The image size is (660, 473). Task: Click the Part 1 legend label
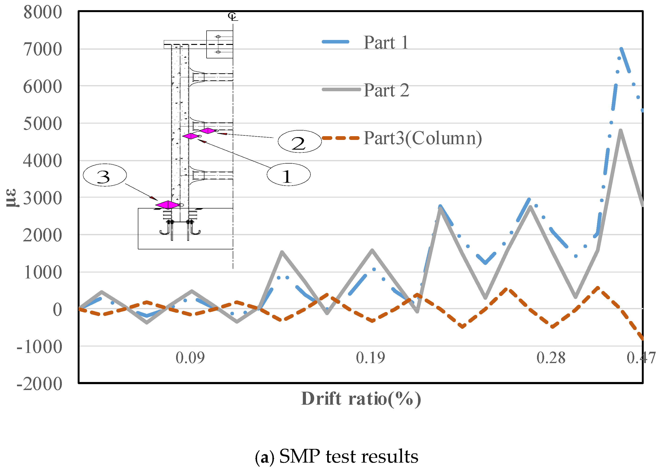tap(386, 43)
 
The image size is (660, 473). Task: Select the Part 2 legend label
tap(386, 90)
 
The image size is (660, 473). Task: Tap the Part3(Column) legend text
tap(422, 138)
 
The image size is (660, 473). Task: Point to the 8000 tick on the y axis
tap(43, 12)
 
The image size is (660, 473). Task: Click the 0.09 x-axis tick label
tap(190, 358)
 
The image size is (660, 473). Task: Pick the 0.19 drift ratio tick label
tap(370, 358)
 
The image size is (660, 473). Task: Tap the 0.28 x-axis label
tap(551, 358)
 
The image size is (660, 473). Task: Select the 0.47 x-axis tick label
tap(641, 358)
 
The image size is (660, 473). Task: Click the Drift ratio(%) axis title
tap(361, 399)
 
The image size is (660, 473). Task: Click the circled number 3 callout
tap(105, 175)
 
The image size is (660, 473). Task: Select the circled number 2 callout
tap(300, 142)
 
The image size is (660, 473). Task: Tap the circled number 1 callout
tap(288, 175)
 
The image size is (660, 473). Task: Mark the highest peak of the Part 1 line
tap(621, 49)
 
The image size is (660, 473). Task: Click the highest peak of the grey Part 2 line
tap(621, 131)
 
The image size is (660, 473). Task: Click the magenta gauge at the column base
tap(168, 205)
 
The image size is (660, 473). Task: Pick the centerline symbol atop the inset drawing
tap(233, 16)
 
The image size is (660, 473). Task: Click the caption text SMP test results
tap(348, 456)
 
